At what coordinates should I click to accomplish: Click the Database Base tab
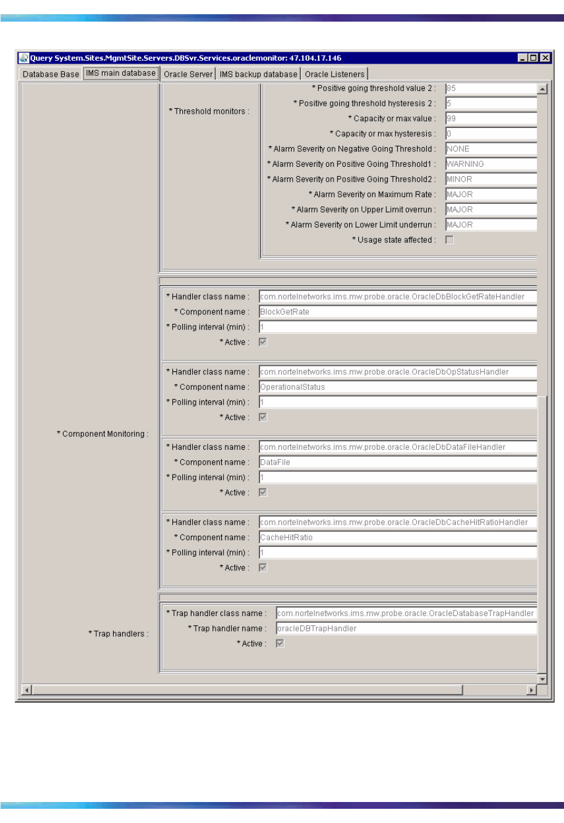pos(51,74)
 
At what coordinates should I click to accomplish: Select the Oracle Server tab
pos(188,74)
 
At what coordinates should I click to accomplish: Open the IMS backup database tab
pos(258,74)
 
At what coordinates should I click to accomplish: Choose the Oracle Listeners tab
pos(335,74)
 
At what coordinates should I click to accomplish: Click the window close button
pos(544,58)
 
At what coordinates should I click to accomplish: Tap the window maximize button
pos(534,58)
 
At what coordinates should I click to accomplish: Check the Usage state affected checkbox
pos(450,240)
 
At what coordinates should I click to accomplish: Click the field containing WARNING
pos(490,164)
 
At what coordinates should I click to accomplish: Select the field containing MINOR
pos(490,179)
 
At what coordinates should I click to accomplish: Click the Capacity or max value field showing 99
pos(490,119)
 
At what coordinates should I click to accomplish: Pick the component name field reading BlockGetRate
pos(397,312)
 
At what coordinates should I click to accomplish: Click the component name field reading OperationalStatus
pos(397,387)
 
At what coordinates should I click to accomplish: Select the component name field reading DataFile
pos(397,462)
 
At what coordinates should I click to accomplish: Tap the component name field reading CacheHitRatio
pos(397,538)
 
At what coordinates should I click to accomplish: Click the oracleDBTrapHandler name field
pos(406,628)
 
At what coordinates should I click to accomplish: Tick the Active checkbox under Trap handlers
pos(280,644)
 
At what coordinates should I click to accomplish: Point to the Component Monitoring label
pos(103,434)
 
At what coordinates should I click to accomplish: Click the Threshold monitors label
pos(209,111)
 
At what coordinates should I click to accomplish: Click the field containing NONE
pos(490,149)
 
